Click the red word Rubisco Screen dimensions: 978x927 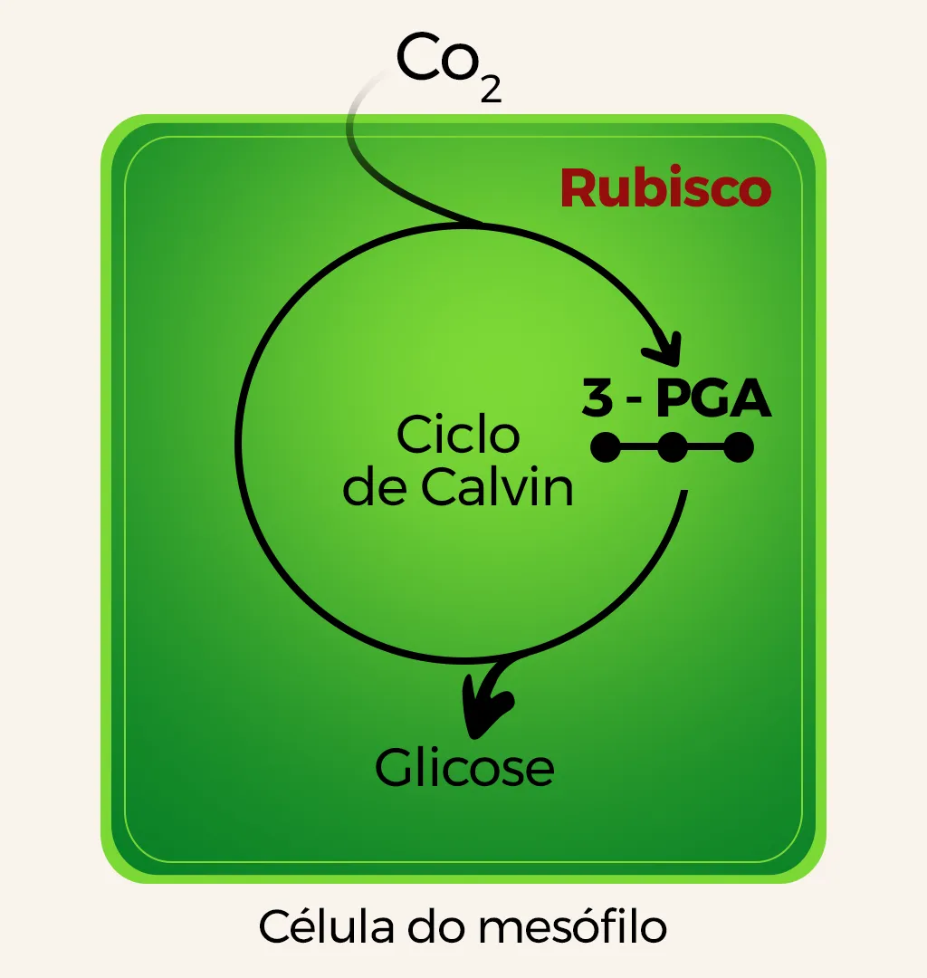(x=665, y=188)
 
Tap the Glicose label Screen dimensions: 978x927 (x=464, y=768)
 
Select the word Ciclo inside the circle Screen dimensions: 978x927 (x=458, y=436)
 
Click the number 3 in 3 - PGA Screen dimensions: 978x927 (x=597, y=399)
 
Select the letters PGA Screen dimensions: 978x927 (x=714, y=399)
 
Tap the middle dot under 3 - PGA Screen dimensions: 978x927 (x=672, y=447)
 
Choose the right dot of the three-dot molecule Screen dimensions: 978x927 (x=739, y=447)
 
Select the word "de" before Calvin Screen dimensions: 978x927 (x=374, y=488)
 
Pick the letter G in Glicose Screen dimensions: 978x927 (x=394, y=768)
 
